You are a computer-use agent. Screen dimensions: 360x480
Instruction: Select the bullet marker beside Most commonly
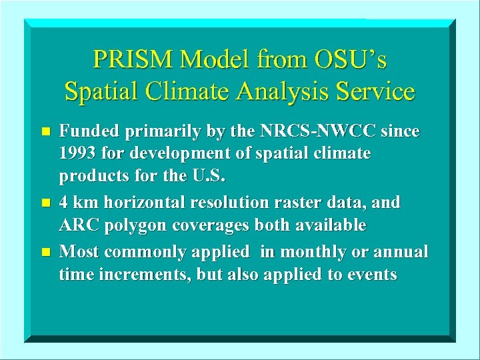coord(45,253)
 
